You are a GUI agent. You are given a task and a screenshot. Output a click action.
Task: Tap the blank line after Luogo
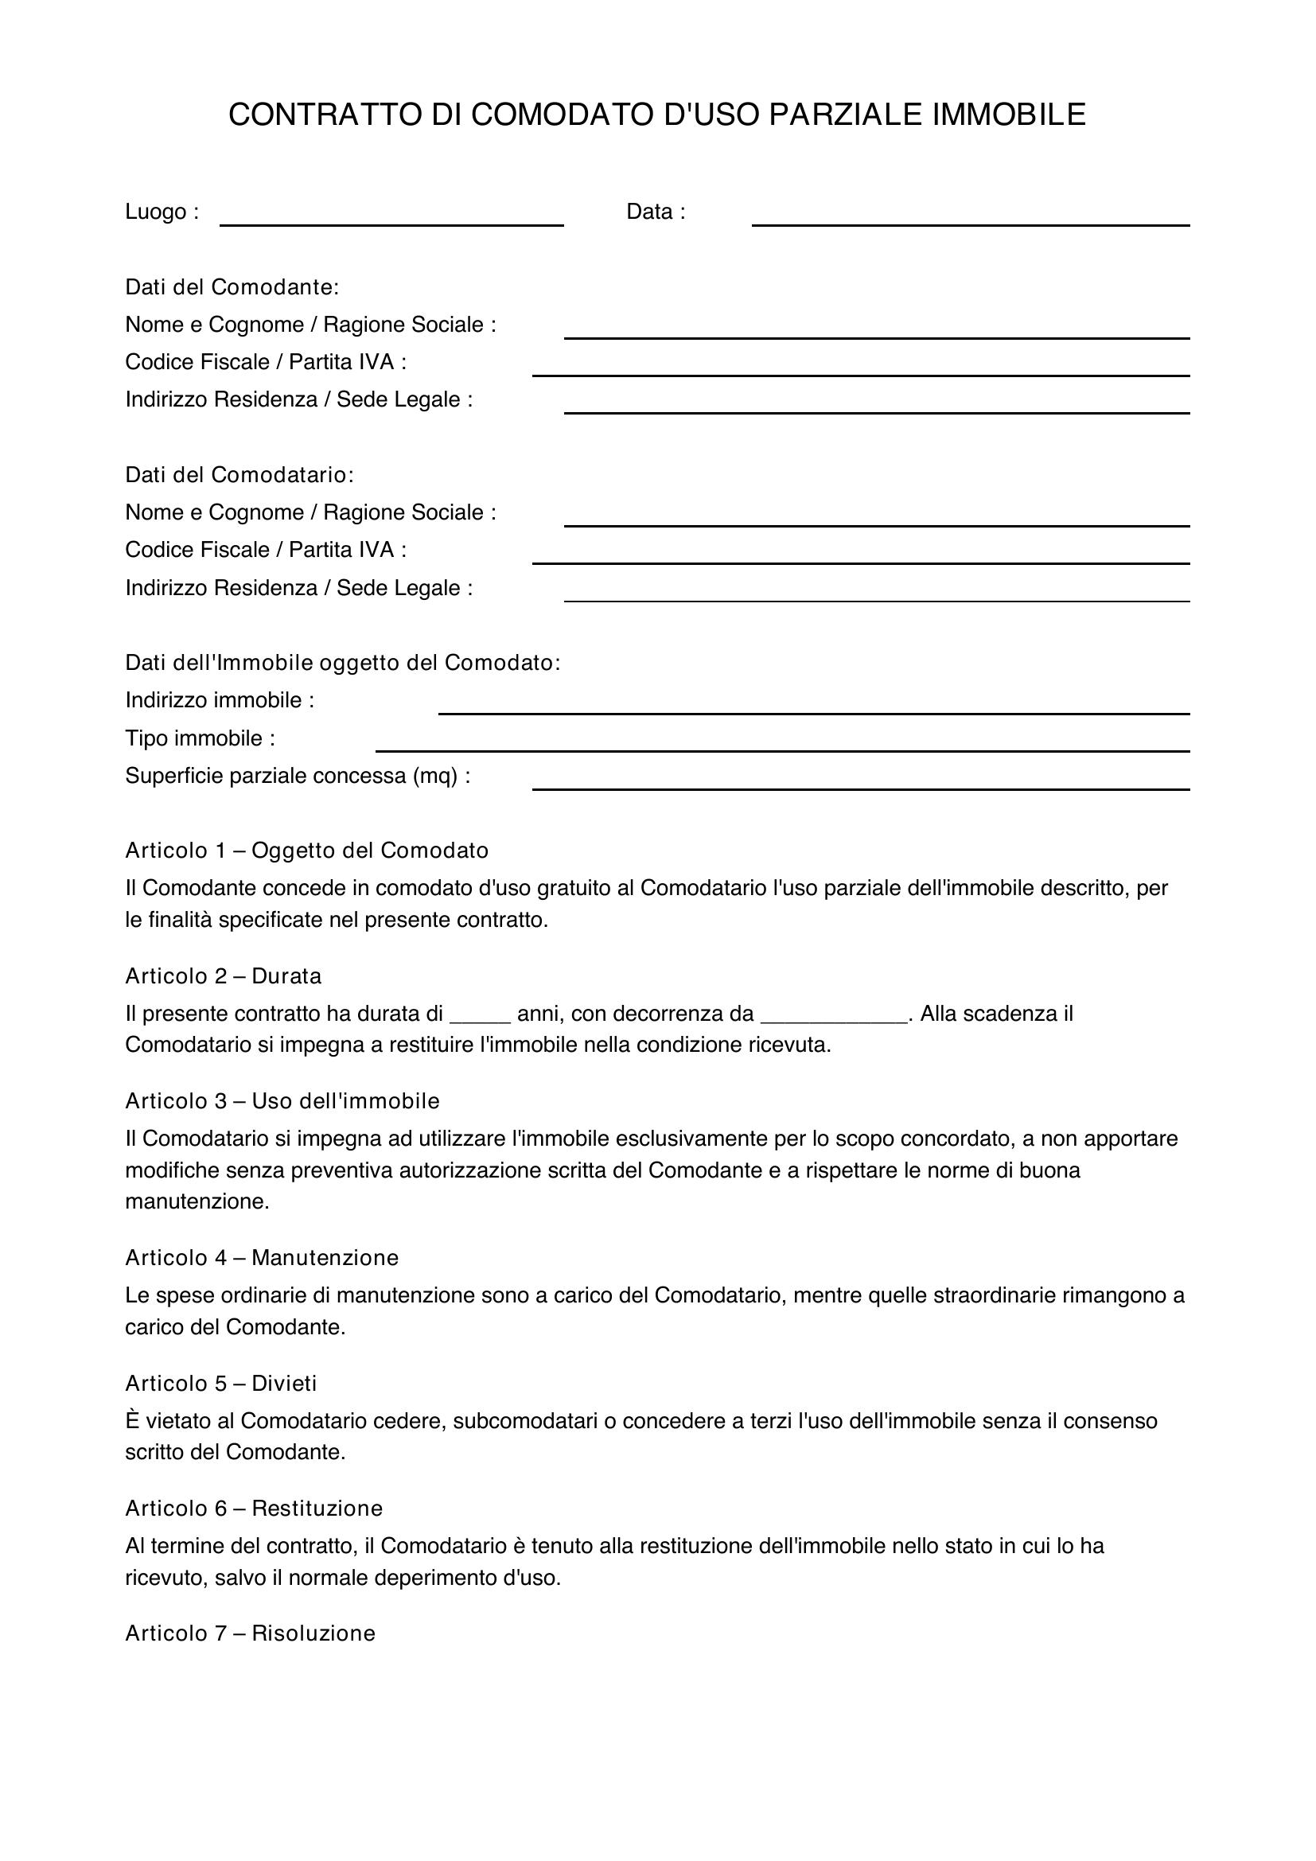click(391, 219)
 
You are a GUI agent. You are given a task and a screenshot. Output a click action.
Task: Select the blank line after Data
click(970, 219)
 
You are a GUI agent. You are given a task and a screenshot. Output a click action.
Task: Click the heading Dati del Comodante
click(232, 287)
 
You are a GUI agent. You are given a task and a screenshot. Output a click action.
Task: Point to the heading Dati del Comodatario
click(239, 474)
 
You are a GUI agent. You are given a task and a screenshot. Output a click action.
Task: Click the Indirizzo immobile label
click(220, 699)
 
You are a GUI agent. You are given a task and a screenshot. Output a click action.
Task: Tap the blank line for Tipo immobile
click(782, 746)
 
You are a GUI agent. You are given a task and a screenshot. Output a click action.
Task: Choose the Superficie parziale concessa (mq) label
click(298, 776)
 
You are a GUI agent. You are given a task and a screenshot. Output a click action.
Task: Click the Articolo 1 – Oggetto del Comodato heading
click(306, 851)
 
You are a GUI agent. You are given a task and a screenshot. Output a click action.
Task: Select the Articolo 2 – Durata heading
click(223, 976)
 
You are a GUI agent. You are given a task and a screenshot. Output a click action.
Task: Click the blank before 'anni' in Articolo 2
click(480, 1018)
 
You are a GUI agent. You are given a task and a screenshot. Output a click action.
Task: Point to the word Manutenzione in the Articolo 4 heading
click(325, 1257)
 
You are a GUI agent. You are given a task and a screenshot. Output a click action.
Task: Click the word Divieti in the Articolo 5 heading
click(283, 1383)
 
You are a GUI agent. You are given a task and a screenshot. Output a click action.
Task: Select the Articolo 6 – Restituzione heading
click(254, 1508)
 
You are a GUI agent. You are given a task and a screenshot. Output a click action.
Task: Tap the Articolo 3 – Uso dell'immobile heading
click(282, 1100)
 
